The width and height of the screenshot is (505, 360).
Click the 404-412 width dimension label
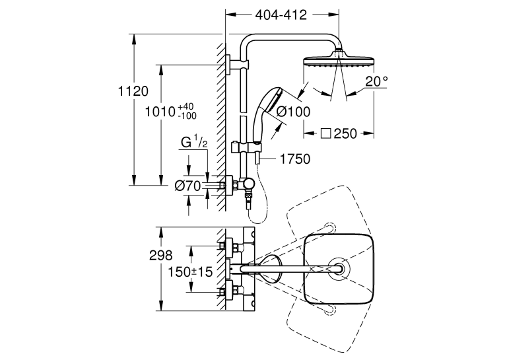tap(281, 15)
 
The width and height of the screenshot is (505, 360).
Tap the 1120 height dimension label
tap(133, 91)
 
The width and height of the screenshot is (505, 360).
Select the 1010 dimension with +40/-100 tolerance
tap(171, 111)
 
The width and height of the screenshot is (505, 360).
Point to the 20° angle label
tap(376, 81)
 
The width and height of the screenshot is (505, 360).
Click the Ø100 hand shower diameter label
tap(293, 112)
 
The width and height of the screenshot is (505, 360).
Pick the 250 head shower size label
tap(345, 133)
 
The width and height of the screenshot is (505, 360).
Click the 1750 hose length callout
tap(295, 159)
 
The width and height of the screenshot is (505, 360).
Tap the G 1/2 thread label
tap(194, 143)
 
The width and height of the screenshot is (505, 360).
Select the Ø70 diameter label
tap(187, 186)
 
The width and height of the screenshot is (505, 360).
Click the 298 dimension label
tap(160, 256)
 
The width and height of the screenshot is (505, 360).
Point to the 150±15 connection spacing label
tap(190, 272)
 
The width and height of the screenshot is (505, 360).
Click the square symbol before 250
tap(326, 133)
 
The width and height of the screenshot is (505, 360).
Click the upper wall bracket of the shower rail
tap(238, 64)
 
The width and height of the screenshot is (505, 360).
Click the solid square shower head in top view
tap(339, 268)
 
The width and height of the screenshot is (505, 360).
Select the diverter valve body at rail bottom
tap(248, 184)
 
